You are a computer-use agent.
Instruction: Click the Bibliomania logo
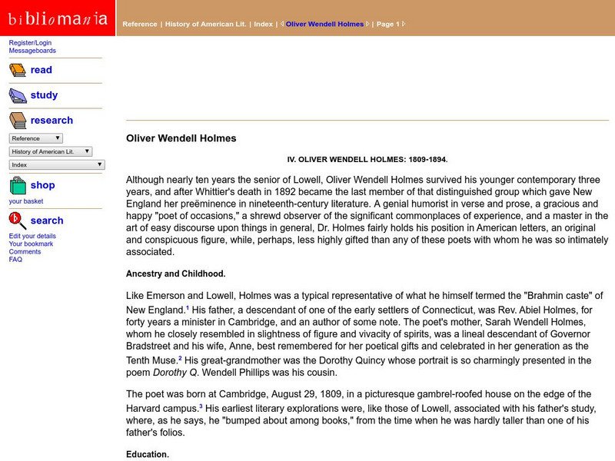click(58, 18)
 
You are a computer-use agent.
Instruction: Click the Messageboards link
click(32, 51)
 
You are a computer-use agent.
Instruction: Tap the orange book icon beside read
click(18, 70)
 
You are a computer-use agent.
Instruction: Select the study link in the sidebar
click(44, 95)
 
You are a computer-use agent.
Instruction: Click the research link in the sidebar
click(52, 121)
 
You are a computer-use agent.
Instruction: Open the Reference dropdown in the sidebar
click(35, 138)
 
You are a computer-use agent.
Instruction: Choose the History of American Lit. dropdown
click(51, 151)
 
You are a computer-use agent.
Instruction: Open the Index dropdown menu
click(56, 164)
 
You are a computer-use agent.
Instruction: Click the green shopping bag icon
click(18, 186)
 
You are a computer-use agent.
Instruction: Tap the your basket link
click(26, 201)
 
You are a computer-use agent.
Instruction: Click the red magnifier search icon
click(18, 221)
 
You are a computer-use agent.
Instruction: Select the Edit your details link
click(32, 236)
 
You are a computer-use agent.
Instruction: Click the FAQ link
click(15, 260)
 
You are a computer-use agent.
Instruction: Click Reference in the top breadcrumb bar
click(139, 24)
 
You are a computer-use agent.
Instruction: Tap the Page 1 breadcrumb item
click(387, 24)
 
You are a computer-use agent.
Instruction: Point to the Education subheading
click(148, 454)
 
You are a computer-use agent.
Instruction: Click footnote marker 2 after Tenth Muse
click(180, 358)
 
